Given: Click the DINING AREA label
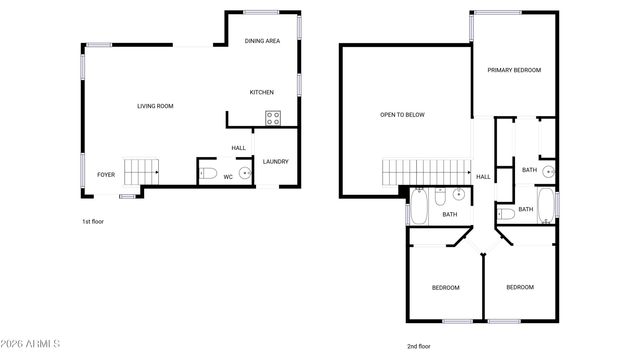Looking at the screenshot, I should coord(262,41).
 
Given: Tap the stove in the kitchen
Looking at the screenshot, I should coord(272,118).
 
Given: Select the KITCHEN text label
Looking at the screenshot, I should coord(262,93).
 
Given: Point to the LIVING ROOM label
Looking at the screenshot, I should coord(156,106).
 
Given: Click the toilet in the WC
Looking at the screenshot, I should coord(207,174).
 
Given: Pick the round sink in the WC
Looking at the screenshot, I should coord(243,173).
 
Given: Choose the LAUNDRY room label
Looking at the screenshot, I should coord(275,161).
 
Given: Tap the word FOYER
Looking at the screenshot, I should coord(106,175).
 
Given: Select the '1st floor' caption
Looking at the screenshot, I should coord(92,221).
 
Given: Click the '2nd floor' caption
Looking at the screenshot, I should coord(419,346).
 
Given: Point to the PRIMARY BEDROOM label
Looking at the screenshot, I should coord(514,70).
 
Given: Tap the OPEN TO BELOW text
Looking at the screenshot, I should coord(402,115).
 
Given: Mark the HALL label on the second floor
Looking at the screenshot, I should coord(483,177).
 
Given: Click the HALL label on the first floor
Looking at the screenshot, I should coord(239,148).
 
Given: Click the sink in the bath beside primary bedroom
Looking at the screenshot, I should coord(547,170).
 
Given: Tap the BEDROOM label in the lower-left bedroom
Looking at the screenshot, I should coord(445,288).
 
